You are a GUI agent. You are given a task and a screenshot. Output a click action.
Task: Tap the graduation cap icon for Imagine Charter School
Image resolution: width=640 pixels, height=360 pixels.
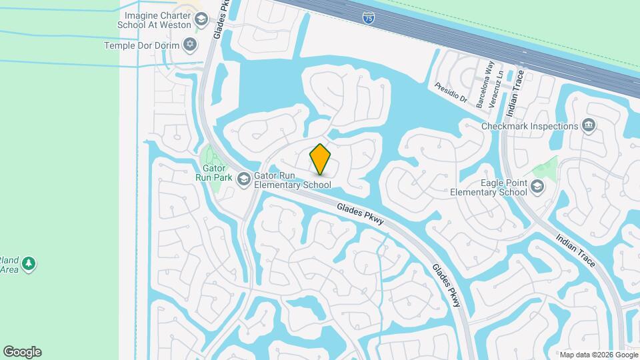pos(201,20)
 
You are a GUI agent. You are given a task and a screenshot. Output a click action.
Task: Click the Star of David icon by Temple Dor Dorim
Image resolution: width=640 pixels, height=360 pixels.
pos(190,45)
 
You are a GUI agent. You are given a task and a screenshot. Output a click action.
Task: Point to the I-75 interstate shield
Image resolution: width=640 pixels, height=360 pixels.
pos(369,19)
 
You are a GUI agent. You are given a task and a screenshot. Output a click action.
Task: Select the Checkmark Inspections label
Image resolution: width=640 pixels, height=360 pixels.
pos(530,126)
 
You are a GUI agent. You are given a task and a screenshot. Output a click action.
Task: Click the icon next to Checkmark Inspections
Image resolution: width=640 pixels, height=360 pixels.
pos(588,125)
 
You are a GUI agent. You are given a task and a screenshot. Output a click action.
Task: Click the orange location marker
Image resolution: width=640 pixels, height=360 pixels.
pos(321,159)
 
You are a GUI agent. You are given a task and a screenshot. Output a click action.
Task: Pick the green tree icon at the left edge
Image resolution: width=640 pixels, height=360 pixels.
pos(28,265)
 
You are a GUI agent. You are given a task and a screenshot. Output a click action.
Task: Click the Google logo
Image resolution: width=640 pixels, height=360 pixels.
pos(22,352)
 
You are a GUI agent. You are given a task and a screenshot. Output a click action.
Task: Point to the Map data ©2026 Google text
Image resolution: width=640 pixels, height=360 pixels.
pos(599,355)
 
